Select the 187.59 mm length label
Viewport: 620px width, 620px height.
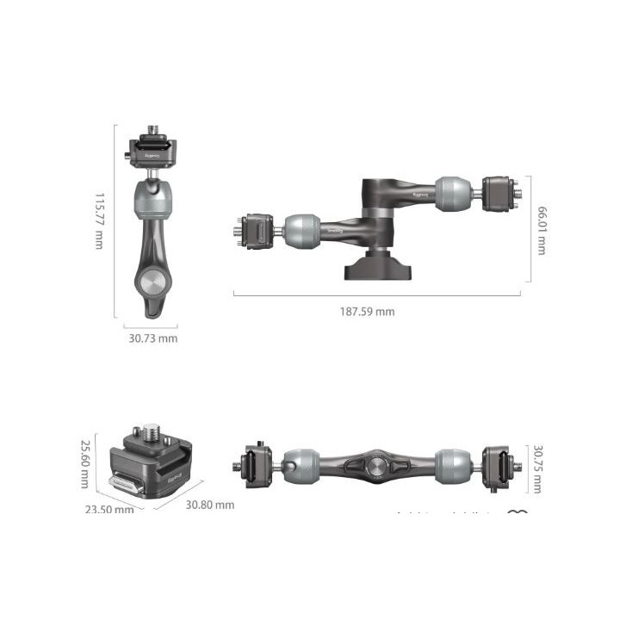(366, 311)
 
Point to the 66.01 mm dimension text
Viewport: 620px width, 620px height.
(541, 230)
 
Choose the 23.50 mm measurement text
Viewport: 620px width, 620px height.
(108, 509)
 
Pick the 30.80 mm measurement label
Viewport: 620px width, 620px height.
(209, 505)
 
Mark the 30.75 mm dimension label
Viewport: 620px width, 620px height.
(539, 469)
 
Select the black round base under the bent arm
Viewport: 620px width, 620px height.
(377, 265)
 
